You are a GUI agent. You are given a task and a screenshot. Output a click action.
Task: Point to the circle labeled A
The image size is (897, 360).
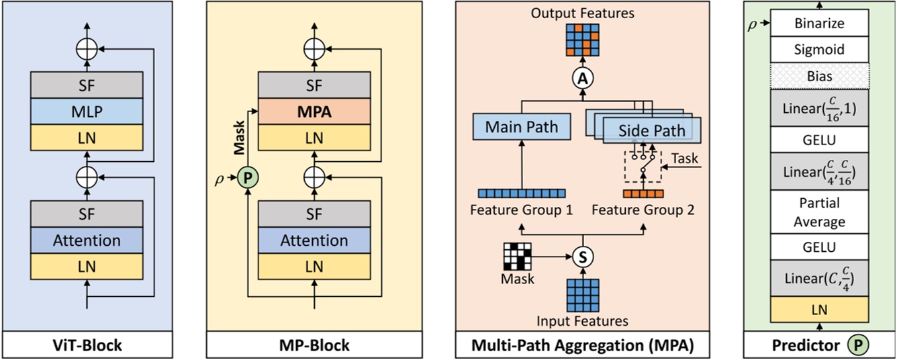pos(583,79)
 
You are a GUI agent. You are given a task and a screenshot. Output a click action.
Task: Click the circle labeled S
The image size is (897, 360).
pos(583,256)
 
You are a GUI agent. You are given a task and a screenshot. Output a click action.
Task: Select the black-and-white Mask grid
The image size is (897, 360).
pos(517,255)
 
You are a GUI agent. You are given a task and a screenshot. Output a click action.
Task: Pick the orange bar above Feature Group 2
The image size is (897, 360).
pos(642,194)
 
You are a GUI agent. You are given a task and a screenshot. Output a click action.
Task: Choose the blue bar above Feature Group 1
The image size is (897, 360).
pos(522,194)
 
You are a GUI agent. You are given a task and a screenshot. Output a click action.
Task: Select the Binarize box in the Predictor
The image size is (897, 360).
pos(819,24)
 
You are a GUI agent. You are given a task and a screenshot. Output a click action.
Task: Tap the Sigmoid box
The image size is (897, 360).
pos(819,50)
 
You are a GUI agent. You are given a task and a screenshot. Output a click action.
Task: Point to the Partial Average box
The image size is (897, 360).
pos(819,212)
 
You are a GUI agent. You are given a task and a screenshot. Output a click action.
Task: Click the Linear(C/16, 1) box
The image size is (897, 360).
pos(819,109)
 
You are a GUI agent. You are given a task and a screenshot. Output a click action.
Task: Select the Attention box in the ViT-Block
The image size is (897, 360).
pos(87,240)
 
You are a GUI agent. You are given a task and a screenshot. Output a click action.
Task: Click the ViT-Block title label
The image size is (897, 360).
pos(87,345)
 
